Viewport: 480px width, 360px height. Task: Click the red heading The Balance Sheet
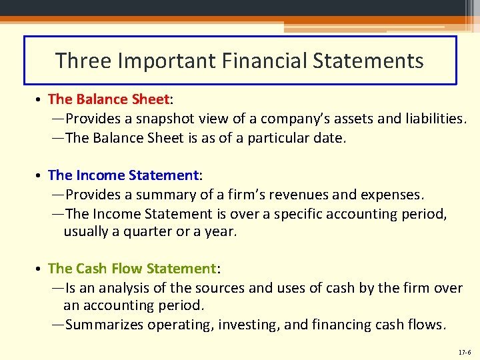coord(109,99)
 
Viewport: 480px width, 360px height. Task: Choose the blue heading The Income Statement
coord(123,175)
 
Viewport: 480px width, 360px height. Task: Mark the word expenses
coord(391,195)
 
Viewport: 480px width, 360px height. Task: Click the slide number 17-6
coord(464,351)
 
